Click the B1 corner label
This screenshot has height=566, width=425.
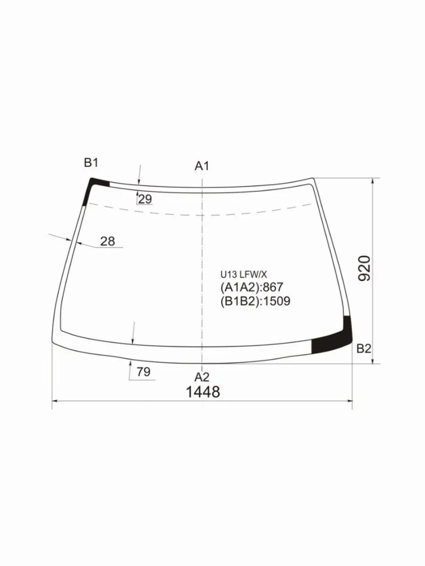point(91,163)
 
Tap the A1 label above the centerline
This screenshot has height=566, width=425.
point(202,166)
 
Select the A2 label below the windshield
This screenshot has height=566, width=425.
point(202,377)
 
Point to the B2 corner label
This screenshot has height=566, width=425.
point(364,349)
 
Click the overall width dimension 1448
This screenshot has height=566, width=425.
point(203,392)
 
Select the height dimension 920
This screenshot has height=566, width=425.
point(365,268)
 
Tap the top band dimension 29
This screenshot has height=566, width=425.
point(145,199)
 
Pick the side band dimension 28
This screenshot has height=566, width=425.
point(108,241)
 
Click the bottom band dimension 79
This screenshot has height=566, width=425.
point(144,372)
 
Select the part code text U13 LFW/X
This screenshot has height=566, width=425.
point(244,275)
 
